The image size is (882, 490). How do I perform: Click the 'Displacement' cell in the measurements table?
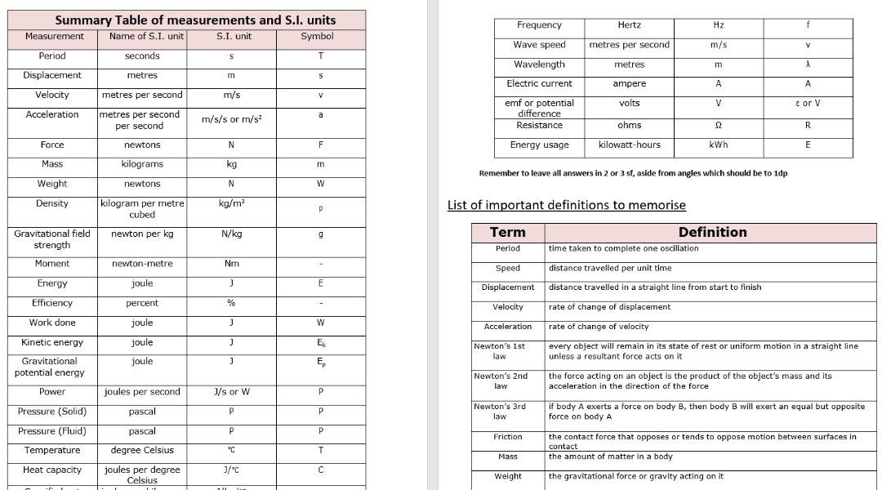pyautogui.click(x=52, y=76)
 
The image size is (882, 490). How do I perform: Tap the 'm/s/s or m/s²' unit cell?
pyautogui.click(x=231, y=119)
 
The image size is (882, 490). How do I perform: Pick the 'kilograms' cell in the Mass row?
pyautogui.click(x=142, y=164)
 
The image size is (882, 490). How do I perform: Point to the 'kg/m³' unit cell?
pyautogui.click(x=231, y=203)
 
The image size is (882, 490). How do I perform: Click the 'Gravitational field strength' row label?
pyautogui.click(x=52, y=239)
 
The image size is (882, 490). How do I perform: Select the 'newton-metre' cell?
pyautogui.click(x=142, y=264)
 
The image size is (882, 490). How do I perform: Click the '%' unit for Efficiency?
pyautogui.click(x=231, y=303)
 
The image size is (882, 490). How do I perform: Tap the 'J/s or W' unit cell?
pyautogui.click(x=231, y=392)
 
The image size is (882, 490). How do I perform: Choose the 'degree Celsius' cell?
pyautogui.click(x=142, y=451)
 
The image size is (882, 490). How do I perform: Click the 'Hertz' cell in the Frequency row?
pyautogui.click(x=629, y=25)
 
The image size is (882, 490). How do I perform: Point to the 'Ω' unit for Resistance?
pyautogui.click(x=718, y=126)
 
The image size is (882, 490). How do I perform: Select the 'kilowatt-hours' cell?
pyautogui.click(x=629, y=145)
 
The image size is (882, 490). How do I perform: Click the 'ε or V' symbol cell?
pyautogui.click(x=808, y=104)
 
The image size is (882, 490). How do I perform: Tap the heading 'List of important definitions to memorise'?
pyautogui.click(x=567, y=205)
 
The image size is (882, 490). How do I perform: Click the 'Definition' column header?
pyautogui.click(x=712, y=232)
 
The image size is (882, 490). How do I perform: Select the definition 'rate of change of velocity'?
pyautogui.click(x=610, y=327)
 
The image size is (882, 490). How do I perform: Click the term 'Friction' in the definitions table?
pyautogui.click(x=507, y=437)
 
